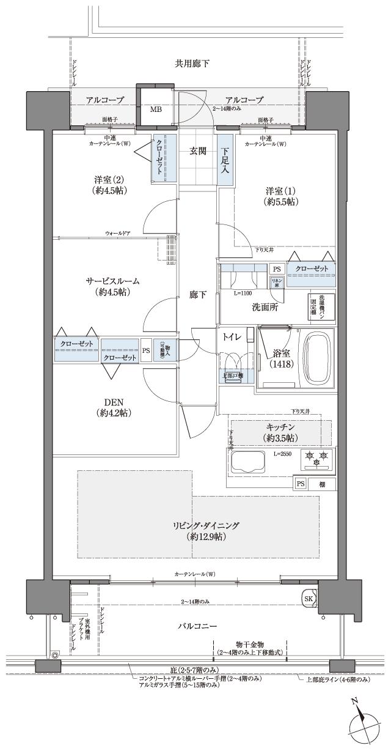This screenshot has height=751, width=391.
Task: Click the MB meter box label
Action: pyautogui.click(x=156, y=109)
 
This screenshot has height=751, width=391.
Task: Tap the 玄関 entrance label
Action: pyautogui.click(x=197, y=150)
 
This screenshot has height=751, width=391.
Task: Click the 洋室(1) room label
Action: pyautogui.click(x=281, y=195)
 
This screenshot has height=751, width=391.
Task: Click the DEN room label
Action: pyautogui.click(x=114, y=407)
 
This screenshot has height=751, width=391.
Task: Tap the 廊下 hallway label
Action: pyautogui.click(x=197, y=295)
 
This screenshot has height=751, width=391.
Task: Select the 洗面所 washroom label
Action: pyautogui.click(x=265, y=308)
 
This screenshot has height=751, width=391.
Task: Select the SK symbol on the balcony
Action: pyautogui.click(x=309, y=597)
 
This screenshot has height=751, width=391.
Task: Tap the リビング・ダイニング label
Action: pyautogui.click(x=197, y=530)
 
